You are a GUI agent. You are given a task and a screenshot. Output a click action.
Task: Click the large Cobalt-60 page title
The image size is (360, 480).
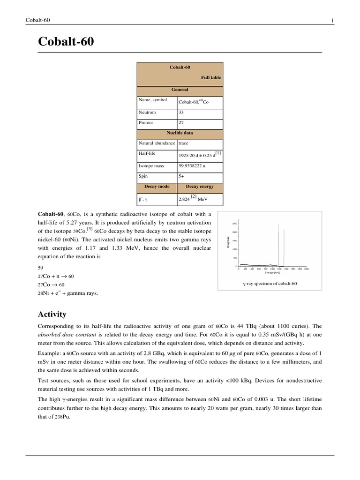[66, 42]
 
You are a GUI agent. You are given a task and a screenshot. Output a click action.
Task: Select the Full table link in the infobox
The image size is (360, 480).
[211, 77]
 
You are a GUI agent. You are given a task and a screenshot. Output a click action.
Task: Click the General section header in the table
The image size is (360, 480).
[180, 90]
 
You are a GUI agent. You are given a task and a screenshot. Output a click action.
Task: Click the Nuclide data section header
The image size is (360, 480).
[180, 133]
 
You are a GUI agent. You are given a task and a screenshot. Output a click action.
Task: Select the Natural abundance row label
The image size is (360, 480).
[157, 143]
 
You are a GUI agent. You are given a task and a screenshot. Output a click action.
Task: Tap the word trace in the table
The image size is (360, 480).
[183, 143]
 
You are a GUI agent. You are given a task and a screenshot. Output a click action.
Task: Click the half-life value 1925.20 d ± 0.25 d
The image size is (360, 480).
[200, 155]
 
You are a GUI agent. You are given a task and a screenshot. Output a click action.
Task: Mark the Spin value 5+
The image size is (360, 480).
[181, 176]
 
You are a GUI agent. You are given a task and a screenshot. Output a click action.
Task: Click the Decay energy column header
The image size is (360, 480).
[200, 186]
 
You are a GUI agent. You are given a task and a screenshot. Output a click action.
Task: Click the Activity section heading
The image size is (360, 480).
[52, 314]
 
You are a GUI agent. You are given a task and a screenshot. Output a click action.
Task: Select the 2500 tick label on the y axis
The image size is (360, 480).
[236, 224]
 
